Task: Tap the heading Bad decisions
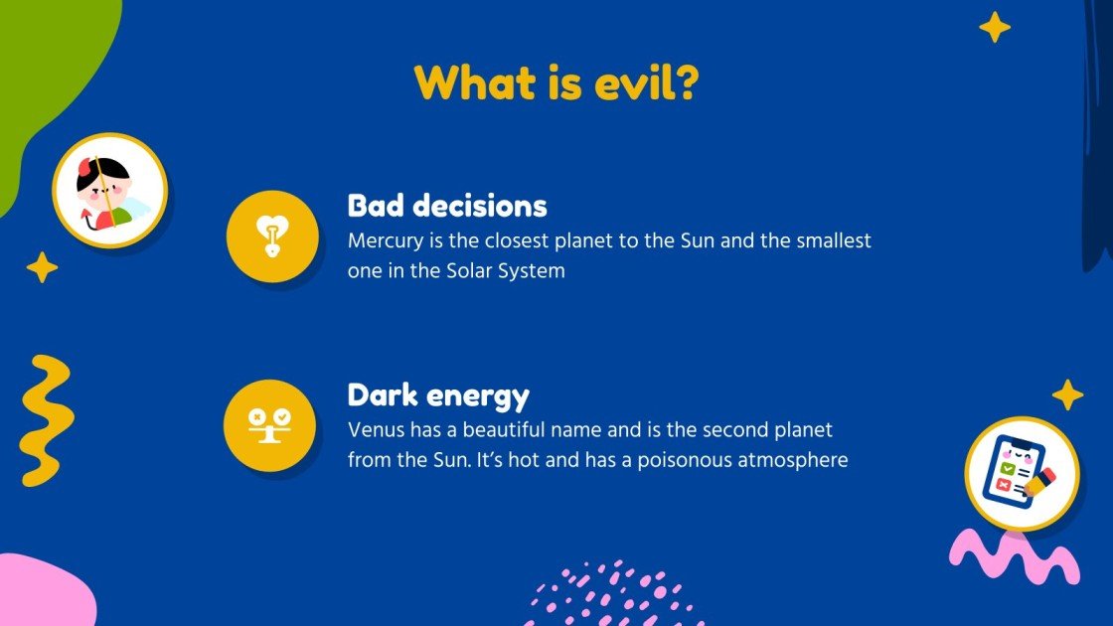point(447,206)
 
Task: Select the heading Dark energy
point(438,394)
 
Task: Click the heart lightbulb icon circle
point(272,236)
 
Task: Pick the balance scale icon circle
point(270,425)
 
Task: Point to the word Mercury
point(384,240)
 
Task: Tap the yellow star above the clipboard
point(1067,394)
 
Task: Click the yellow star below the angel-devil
point(42,267)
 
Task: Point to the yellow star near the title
point(994,27)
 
